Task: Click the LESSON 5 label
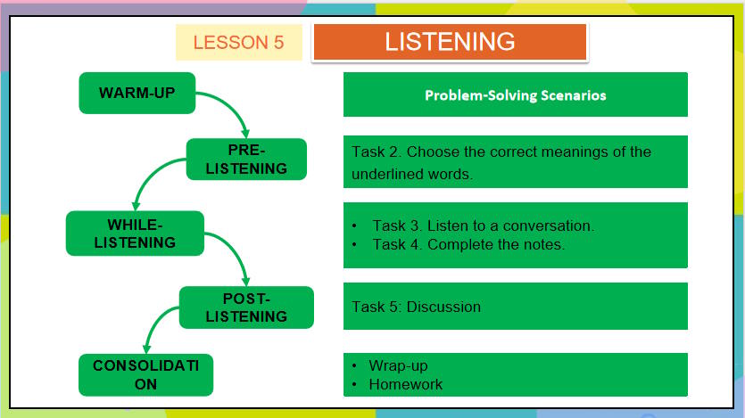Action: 238,43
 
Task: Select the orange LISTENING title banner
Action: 449,42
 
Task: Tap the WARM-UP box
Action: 137,93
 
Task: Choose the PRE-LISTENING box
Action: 246,160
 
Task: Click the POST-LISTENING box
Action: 246,307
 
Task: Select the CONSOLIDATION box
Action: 145,374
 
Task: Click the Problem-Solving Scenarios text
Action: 515,95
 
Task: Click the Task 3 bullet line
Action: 483,225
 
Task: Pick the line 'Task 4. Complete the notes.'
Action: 468,244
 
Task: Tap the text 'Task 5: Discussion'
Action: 416,307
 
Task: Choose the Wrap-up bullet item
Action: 398,366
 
